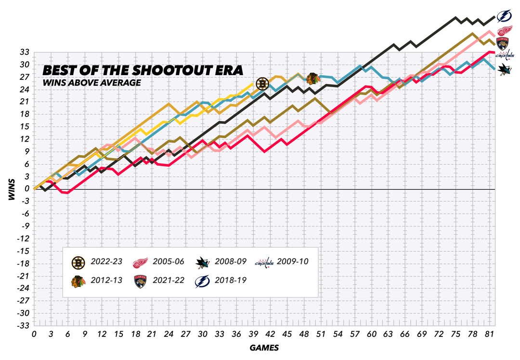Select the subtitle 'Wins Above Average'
(92, 82)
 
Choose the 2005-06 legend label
(168, 262)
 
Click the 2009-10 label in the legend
(292, 262)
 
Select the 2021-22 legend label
(168, 280)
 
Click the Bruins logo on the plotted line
(262, 84)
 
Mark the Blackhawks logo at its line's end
(313, 77)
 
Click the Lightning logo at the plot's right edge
(504, 16)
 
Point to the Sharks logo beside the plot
(505, 70)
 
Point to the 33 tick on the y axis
(24, 52)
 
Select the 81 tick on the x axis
(488, 334)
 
